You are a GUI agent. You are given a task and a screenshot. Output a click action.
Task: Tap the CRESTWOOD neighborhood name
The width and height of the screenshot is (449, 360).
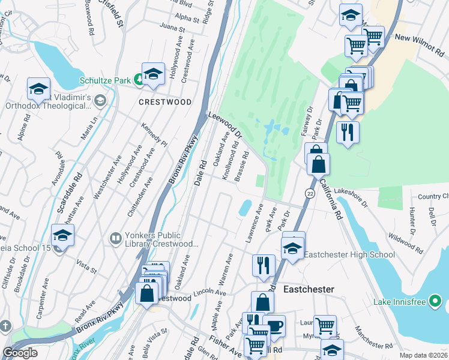(x=165, y=102)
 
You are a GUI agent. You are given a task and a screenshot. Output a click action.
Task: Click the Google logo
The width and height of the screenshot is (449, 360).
(x=20, y=353)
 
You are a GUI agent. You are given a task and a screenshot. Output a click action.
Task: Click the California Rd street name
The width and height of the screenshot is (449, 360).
(x=330, y=197)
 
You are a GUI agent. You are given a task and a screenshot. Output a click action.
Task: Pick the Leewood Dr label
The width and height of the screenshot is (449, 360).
(x=224, y=124)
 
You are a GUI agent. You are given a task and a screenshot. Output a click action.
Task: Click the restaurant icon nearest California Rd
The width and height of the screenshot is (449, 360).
(x=348, y=133)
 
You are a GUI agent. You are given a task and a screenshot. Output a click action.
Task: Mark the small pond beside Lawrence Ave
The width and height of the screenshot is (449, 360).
(x=245, y=208)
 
